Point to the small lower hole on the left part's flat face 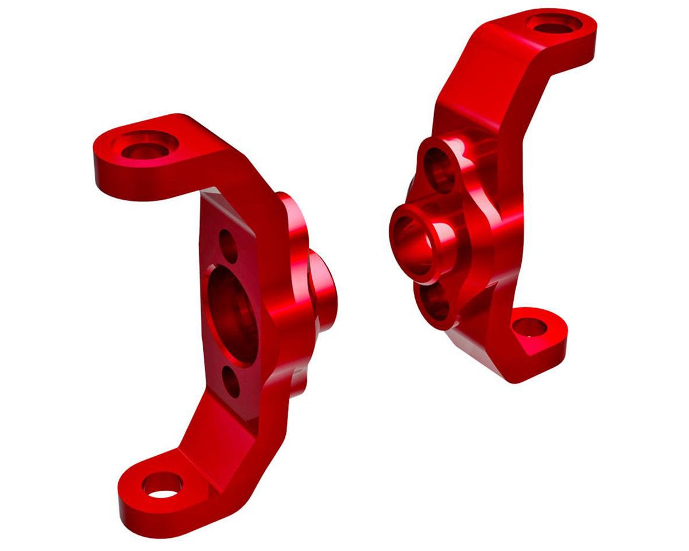coord(232,382)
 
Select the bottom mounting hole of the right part coord(529,328)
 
